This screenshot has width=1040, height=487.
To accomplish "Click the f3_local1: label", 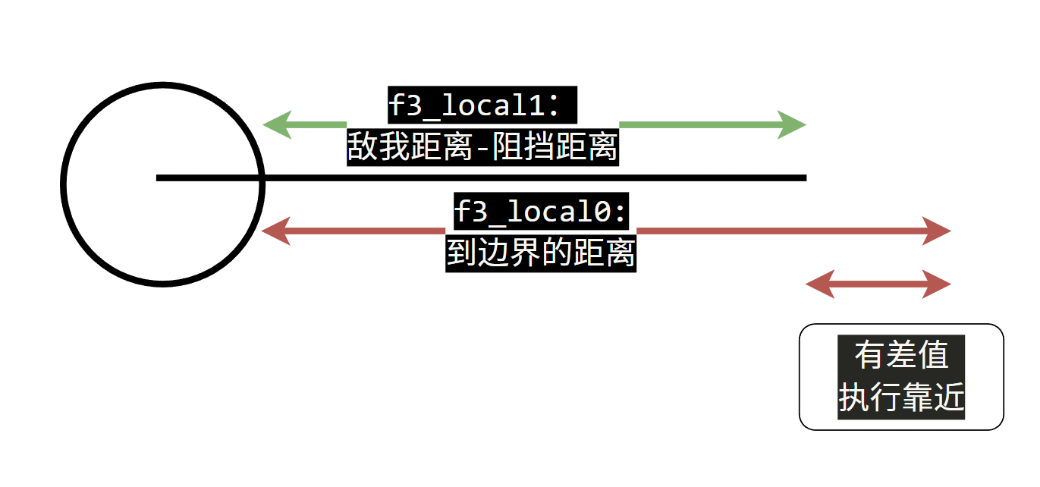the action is coord(475,105).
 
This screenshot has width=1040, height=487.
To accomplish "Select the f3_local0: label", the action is coord(540,212).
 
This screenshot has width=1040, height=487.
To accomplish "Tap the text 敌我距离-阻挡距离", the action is coord(482,146).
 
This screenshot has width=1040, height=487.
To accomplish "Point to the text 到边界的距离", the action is coord(541,253).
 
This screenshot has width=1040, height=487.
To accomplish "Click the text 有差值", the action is coord(901,355).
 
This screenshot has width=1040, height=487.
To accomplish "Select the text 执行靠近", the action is coord(901,397).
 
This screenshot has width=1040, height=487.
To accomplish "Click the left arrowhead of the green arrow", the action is coord(277,125).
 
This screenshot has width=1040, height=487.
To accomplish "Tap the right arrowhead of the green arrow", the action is coord(792,125).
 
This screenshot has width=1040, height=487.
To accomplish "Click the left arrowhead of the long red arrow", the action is coord(276,231).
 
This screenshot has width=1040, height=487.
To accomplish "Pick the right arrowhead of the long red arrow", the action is coord(937,231).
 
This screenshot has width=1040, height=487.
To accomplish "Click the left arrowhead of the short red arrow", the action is coord(820,284).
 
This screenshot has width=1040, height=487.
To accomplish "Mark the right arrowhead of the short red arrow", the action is coord(937,284).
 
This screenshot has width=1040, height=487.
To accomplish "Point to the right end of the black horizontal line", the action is coord(806,178).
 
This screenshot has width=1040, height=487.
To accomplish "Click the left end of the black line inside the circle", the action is coord(157,178).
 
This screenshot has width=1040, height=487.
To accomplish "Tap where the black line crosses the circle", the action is coord(262,178).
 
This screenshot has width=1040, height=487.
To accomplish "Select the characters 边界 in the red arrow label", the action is coord(509,253).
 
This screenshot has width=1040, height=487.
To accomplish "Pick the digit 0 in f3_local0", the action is coord(602,212).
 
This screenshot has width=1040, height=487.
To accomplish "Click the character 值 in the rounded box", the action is coord(933,355).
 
